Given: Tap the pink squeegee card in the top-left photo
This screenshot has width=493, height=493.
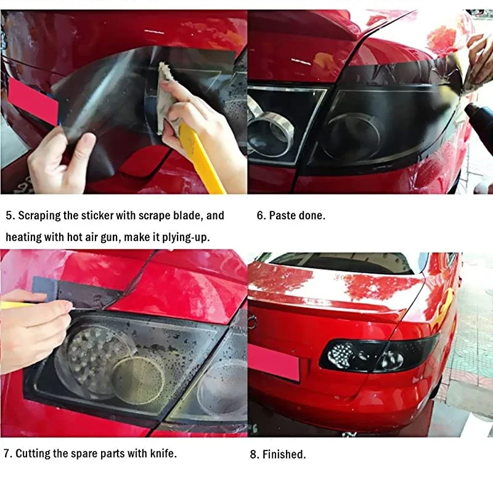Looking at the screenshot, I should pyautogui.click(x=33, y=100).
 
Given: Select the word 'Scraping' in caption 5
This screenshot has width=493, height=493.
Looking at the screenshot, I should pyautogui.click(x=39, y=216).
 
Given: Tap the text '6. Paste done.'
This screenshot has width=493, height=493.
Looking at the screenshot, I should pyautogui.click(x=291, y=216).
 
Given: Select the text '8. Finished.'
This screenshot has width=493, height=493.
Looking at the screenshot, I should pyautogui.click(x=278, y=455).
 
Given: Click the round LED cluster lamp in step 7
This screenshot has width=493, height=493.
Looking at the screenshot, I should pyautogui.click(x=92, y=357).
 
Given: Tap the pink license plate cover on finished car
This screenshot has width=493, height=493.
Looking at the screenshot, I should pyautogui.click(x=274, y=362).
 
